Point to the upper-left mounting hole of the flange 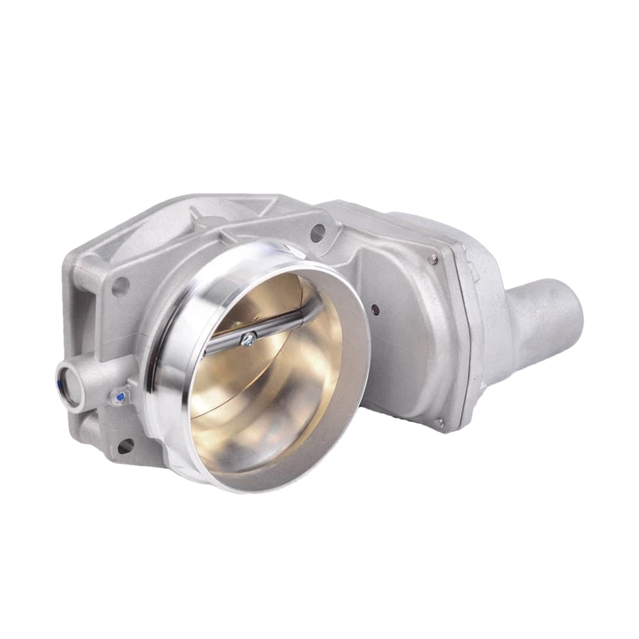point(122,284)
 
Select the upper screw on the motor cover point(432,257)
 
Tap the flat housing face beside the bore point(383,351)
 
